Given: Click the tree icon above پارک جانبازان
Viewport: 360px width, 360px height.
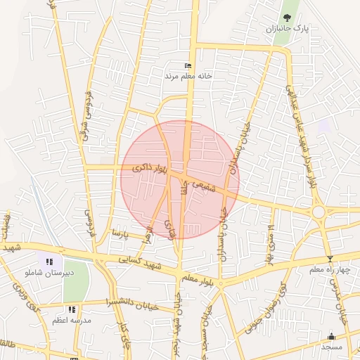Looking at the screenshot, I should pyautogui.click(x=287, y=17).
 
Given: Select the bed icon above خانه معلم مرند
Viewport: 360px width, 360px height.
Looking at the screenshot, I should pyautogui.click(x=188, y=65).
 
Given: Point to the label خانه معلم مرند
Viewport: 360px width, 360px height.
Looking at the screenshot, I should pyautogui.click(x=188, y=75).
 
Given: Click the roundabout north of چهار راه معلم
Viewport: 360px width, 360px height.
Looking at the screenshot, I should pyautogui.click(x=319, y=212).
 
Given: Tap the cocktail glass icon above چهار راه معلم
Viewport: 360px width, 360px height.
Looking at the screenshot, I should pyautogui.click(x=330, y=259).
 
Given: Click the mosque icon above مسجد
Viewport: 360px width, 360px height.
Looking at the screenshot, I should pyautogui.click(x=332, y=337).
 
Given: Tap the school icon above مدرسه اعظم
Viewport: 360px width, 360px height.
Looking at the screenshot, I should pyautogui.click(x=71, y=309).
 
